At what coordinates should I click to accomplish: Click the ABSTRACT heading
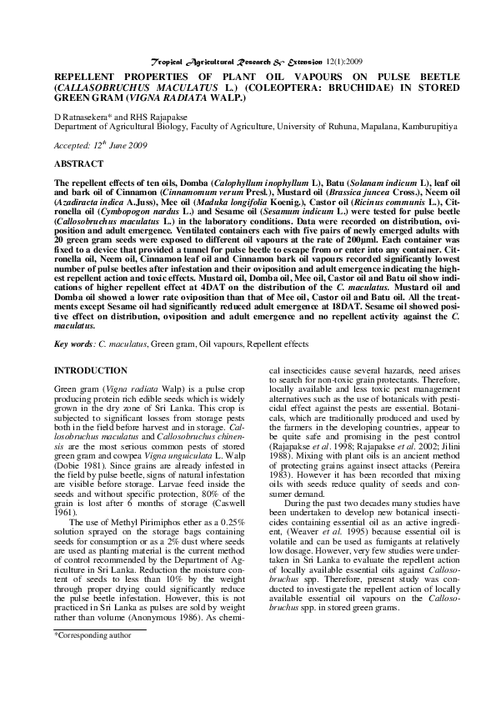[79, 164]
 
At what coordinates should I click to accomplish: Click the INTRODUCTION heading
[91, 369]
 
